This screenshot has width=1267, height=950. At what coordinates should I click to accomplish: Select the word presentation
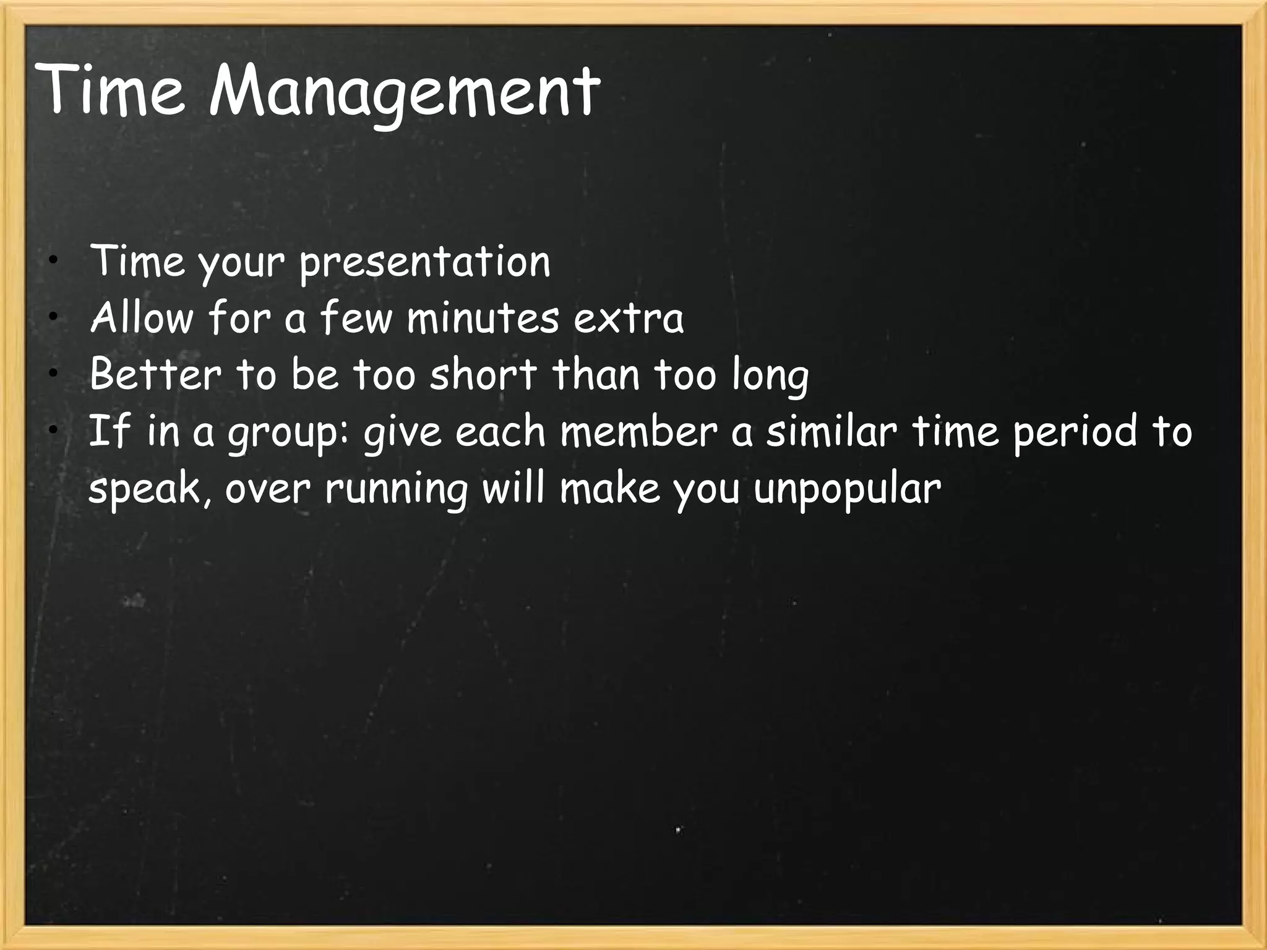click(x=425, y=262)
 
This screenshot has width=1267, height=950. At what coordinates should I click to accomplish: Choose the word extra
click(x=629, y=320)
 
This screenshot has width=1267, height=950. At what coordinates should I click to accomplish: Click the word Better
click(x=155, y=375)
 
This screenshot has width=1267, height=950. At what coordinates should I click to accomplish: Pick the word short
click(x=484, y=375)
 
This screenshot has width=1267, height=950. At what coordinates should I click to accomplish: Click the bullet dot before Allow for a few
click(x=54, y=317)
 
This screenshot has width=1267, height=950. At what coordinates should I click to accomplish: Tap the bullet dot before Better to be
click(x=54, y=373)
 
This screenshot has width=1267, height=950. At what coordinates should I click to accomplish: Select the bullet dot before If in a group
click(x=54, y=429)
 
